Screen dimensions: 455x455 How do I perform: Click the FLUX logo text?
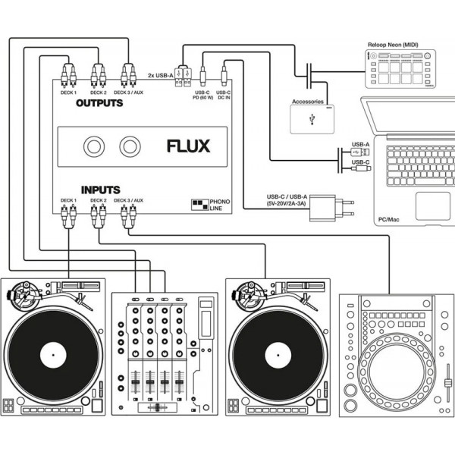coord(188,146)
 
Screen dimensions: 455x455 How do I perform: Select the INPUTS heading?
coord(100,190)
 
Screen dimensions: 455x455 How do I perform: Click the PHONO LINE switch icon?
coord(200,206)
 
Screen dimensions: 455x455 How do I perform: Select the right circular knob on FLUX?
coord(130,146)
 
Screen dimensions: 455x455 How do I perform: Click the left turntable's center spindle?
coord(53,353)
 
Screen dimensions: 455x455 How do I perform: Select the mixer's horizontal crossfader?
coord(158,408)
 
